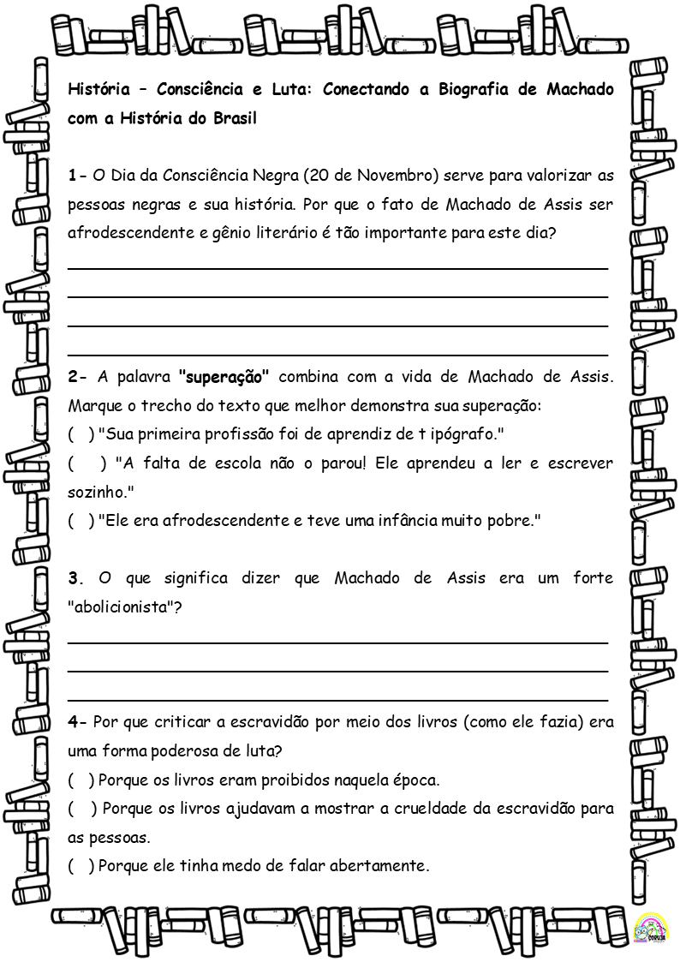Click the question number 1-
point(77,176)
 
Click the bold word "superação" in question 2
point(224,376)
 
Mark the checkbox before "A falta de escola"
point(86,463)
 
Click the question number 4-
point(77,722)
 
